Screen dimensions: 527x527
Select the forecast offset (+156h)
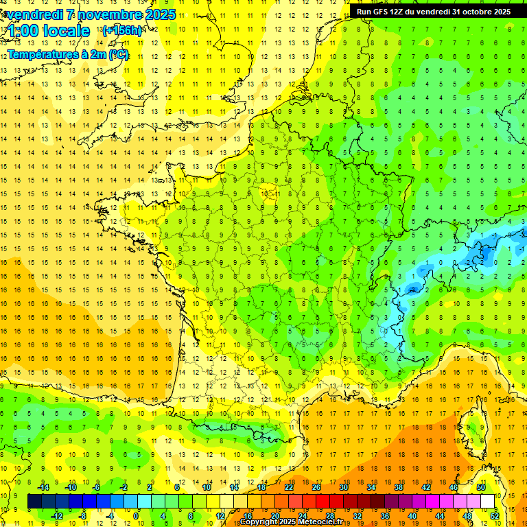point(122,31)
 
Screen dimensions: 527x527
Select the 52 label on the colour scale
point(495,515)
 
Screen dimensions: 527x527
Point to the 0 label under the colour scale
point(136,515)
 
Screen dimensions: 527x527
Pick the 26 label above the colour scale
point(316,487)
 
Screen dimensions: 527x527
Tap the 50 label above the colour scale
point(481,487)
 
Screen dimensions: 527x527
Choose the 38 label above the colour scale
point(399,487)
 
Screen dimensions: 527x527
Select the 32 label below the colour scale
point(358,515)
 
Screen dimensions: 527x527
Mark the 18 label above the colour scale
point(261,487)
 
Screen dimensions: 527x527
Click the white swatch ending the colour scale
point(488,501)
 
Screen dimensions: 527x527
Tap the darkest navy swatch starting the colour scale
point(34,501)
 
